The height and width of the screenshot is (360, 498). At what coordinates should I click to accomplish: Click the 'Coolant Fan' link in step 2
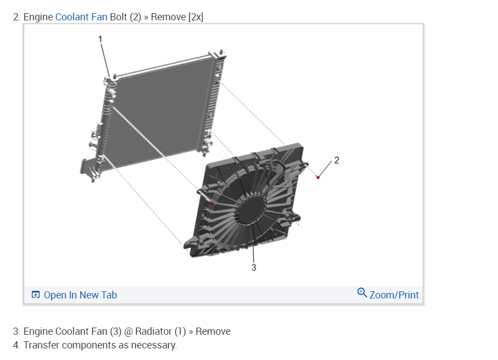(x=81, y=17)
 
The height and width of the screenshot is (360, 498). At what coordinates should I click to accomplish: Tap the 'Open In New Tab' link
(x=80, y=295)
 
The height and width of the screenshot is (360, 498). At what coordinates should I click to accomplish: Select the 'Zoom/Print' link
(x=394, y=295)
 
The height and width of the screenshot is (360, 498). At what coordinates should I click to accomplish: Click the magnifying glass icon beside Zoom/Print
(x=362, y=292)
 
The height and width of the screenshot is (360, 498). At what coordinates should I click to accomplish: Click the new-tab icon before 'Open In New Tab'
(x=36, y=295)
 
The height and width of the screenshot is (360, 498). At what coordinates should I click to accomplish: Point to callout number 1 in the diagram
(x=101, y=39)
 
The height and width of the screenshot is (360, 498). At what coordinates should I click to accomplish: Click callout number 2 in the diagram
(x=336, y=160)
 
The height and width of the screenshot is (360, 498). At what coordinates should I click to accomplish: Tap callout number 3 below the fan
(x=253, y=267)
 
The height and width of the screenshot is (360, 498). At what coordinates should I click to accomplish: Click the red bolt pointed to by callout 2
(x=318, y=177)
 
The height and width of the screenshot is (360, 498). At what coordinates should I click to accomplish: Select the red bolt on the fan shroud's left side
(x=212, y=203)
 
